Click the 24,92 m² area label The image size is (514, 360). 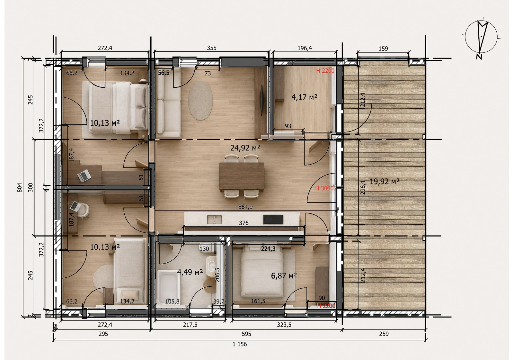(x=245, y=148)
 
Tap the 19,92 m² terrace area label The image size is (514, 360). (x=384, y=182)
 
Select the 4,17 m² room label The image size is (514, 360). (x=304, y=97)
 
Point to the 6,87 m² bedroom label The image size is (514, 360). (x=284, y=275)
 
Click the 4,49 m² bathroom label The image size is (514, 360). (x=190, y=272)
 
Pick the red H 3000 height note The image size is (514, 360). (x=324, y=188)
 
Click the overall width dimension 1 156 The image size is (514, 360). (x=240, y=344)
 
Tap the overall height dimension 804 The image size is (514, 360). (x=20, y=188)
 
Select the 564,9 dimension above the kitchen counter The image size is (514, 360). (x=245, y=207)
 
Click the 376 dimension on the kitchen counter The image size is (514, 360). (x=244, y=223)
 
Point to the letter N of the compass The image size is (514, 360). (x=479, y=57)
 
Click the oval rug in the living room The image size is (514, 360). (x=200, y=100)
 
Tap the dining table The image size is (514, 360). (x=242, y=176)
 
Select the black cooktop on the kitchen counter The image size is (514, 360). (x=273, y=219)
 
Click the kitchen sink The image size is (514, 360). (x=214, y=220)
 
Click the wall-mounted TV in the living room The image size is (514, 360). (x=262, y=100)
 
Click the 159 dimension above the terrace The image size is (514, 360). (x=383, y=49)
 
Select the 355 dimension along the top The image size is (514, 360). (x=212, y=48)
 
